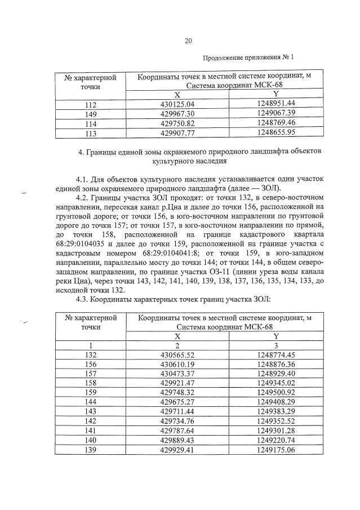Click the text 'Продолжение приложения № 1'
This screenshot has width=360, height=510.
point(248,57)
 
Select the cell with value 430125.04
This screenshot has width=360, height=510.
point(177,104)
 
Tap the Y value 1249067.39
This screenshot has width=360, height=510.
point(275,114)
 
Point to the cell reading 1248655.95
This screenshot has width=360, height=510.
point(275,134)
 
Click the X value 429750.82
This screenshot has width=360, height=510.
point(177,124)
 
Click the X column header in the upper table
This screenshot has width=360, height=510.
point(177,94)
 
